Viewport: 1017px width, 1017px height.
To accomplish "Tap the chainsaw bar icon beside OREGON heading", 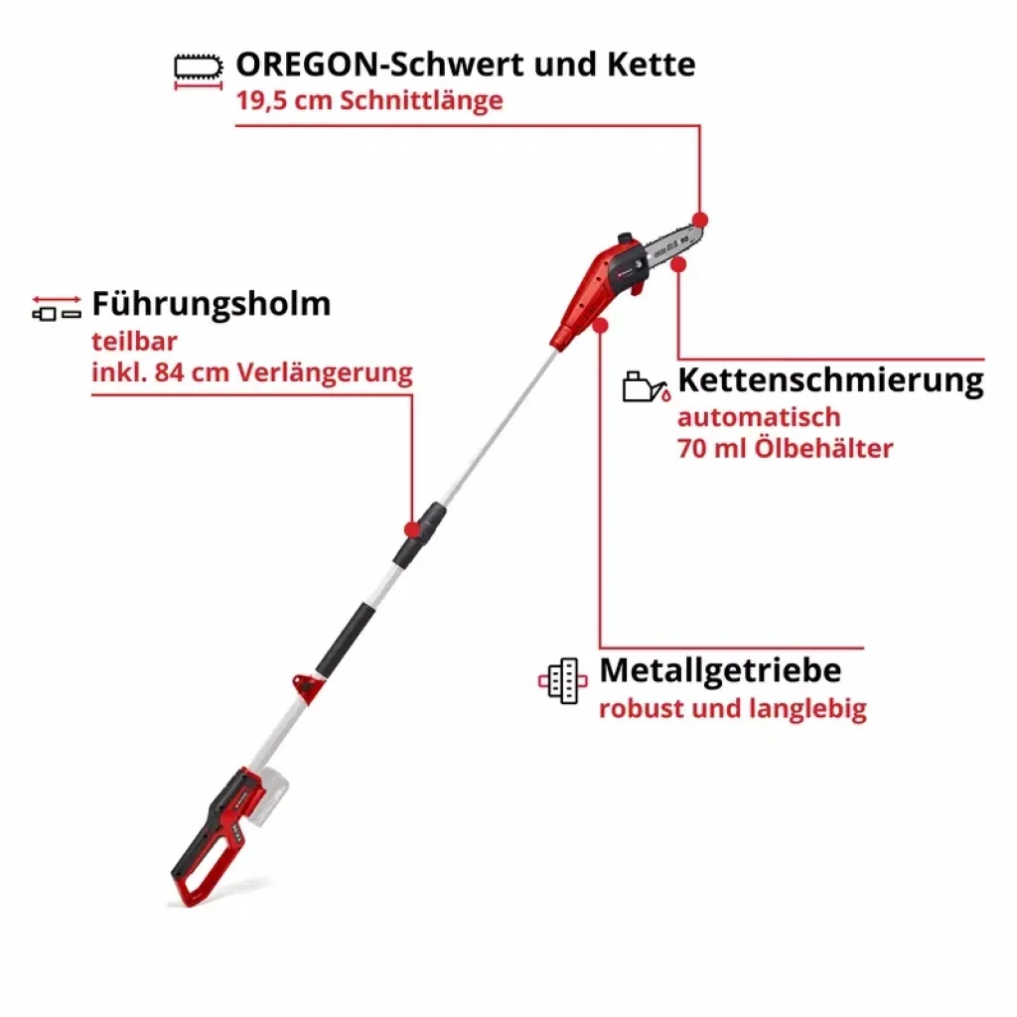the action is coord(199,68).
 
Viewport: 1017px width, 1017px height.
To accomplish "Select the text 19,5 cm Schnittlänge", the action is coord(369,100).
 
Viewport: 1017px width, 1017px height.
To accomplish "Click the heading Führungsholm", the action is coord(212,304).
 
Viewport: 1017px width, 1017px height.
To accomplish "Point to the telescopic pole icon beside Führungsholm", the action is coord(57,308).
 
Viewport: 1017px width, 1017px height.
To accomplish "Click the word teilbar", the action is coord(134,342).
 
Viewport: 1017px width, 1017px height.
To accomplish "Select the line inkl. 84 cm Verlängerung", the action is coord(252,373).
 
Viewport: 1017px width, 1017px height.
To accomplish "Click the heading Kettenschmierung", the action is coord(831,380).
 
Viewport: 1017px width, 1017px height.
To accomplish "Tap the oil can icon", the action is coord(646,387).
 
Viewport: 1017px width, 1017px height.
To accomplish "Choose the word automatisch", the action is coord(759,417).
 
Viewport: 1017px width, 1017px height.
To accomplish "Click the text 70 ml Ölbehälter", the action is coord(786,448).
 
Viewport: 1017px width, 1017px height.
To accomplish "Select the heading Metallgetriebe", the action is coord(721,670).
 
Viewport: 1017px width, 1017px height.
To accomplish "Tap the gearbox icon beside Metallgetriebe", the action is coord(562,681).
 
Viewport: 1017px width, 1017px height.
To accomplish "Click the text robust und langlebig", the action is coord(733,709).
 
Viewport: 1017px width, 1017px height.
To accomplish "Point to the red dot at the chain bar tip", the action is coord(700,219).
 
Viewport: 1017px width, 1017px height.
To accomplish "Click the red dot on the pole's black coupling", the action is coord(412,530).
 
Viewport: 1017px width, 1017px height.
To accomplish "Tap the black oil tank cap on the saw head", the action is coord(626,238).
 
